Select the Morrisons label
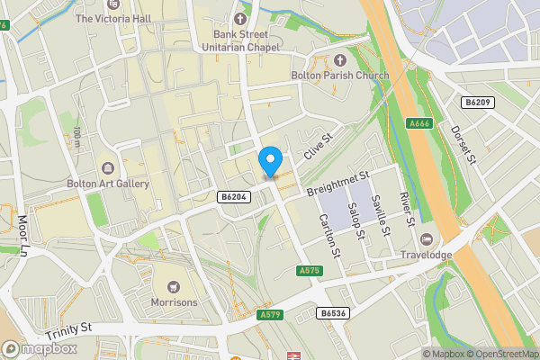coord(174,301)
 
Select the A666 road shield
coord(418,123)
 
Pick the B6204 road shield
coord(233,196)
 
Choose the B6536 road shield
coord(332,313)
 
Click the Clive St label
coord(318,147)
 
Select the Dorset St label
coord(463,143)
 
